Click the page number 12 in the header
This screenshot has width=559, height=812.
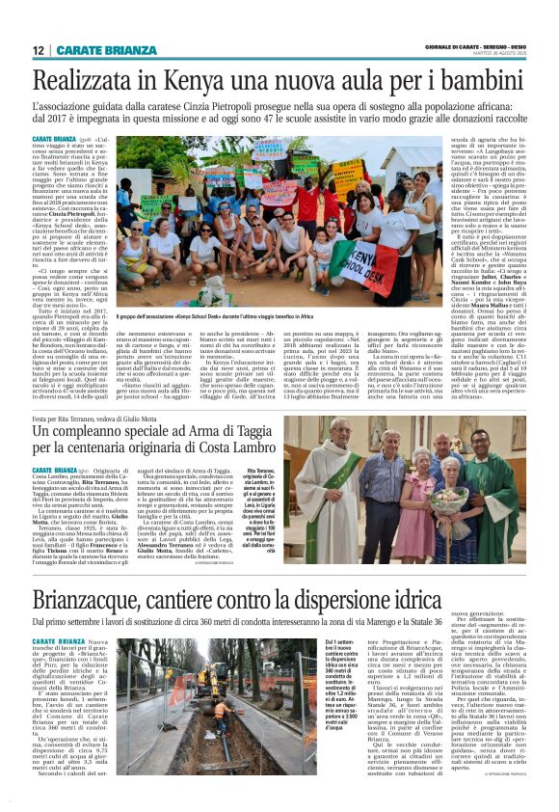38,50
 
